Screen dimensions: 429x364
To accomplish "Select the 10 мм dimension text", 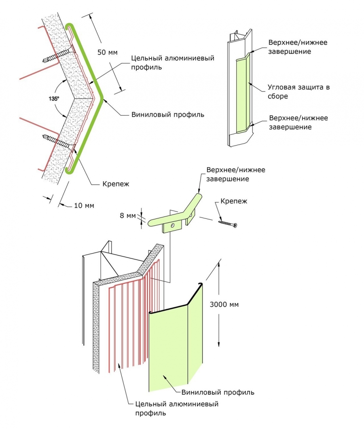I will [x=84, y=205].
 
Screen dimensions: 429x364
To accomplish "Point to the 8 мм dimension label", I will [x=129, y=216].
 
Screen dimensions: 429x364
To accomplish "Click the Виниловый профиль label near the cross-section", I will [x=167, y=114].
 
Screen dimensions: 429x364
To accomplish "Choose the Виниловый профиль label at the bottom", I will [x=218, y=392].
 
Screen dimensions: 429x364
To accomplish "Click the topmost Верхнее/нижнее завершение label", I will [x=298, y=47].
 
